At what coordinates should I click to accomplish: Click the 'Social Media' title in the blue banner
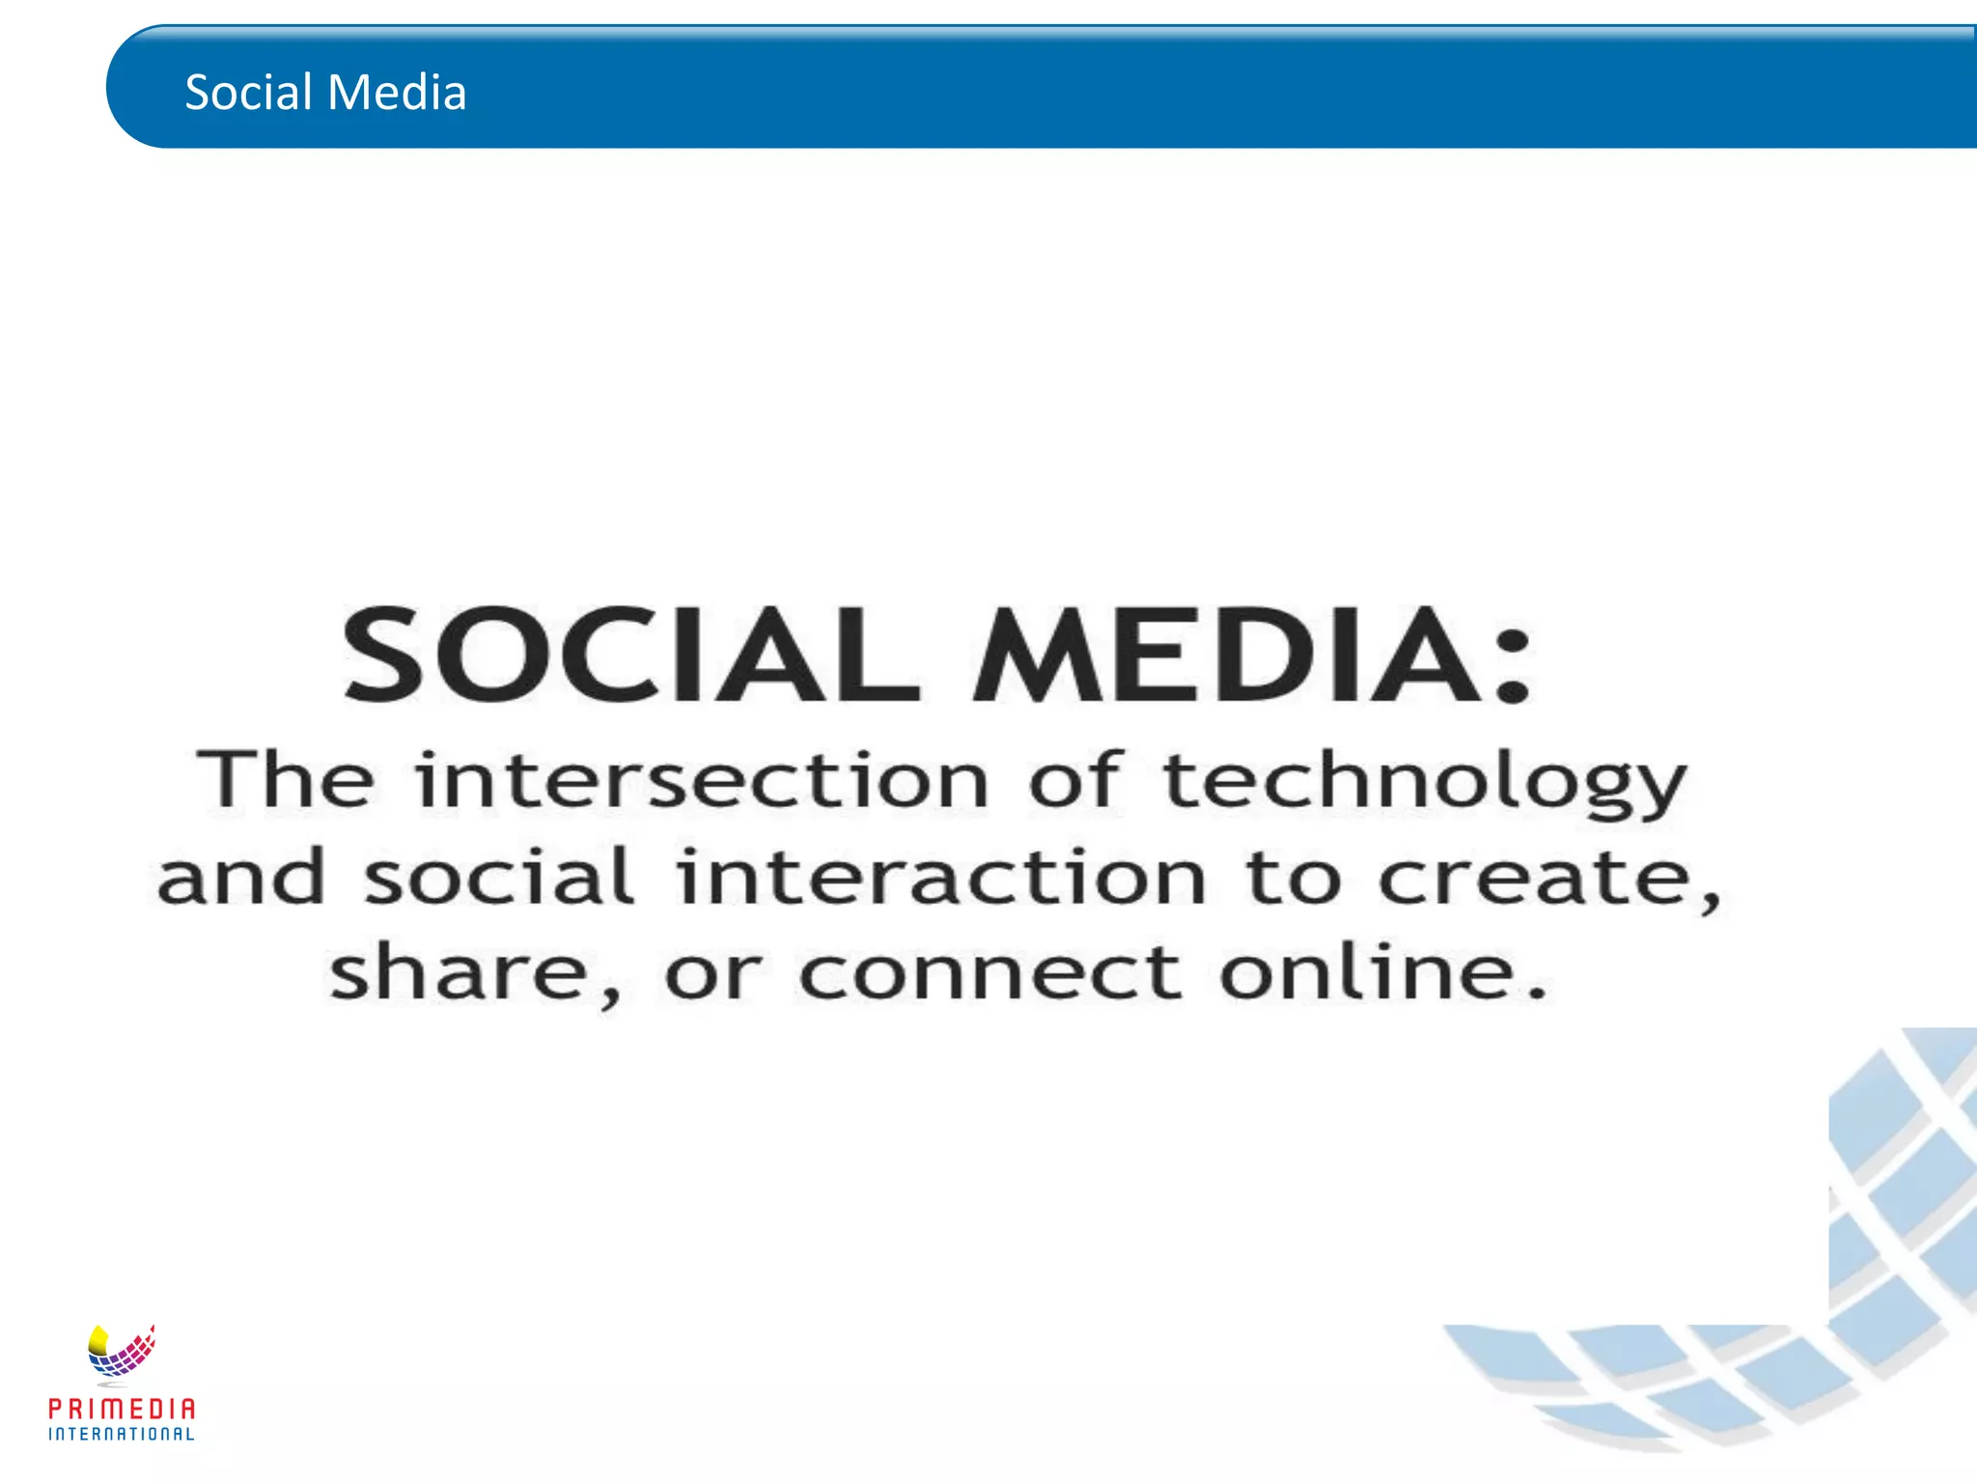point(325,93)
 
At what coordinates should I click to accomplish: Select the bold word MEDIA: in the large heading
point(1226,653)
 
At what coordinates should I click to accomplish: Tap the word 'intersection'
point(702,779)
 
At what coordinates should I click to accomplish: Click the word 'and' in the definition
point(241,876)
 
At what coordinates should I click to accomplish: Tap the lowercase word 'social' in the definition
point(498,876)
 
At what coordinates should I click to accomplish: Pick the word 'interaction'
point(941,876)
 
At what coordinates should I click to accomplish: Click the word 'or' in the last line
point(712,974)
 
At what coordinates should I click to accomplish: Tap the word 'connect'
point(989,973)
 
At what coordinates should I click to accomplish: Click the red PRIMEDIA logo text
point(122,1409)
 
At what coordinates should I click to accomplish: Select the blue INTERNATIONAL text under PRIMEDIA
point(122,1434)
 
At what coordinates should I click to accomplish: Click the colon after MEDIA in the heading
point(1512,666)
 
